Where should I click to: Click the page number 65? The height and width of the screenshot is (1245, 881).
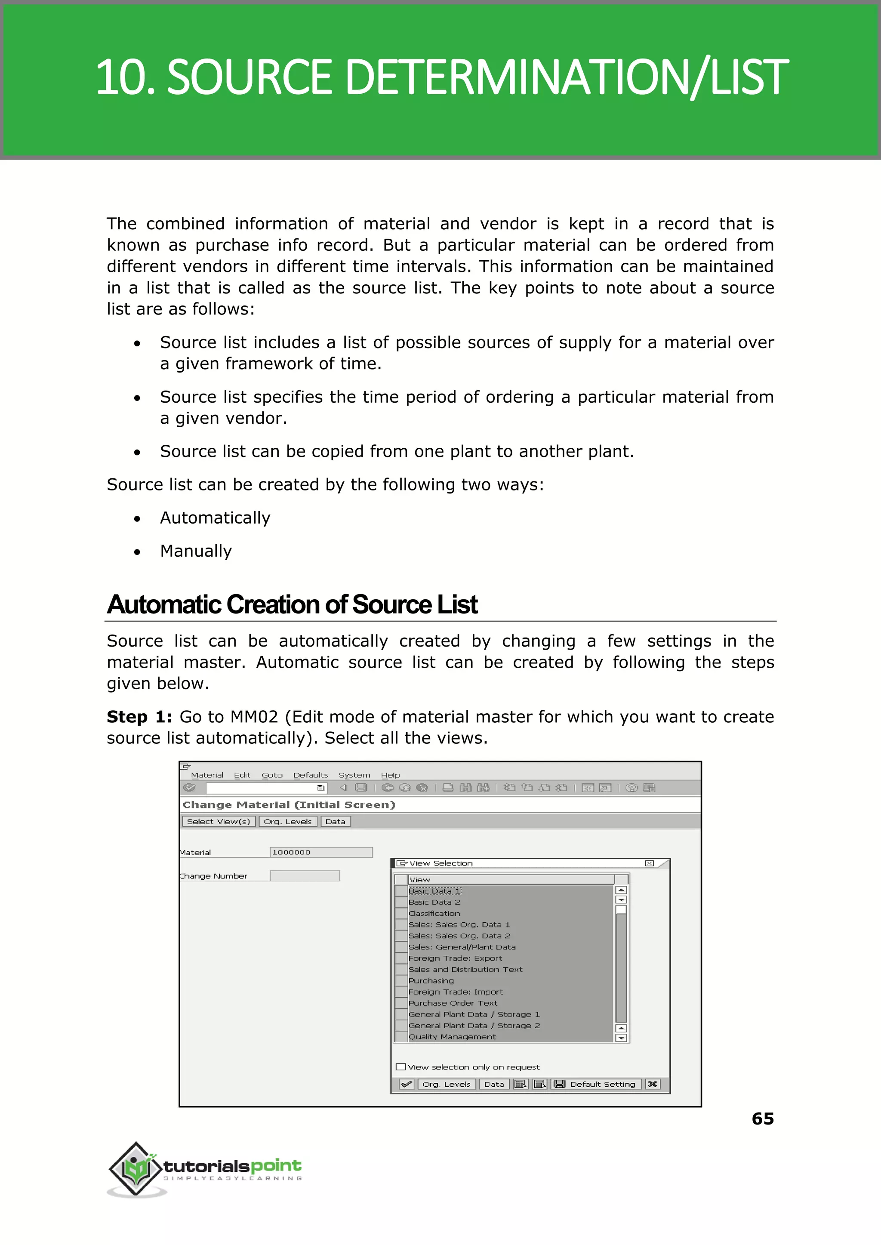point(762,1119)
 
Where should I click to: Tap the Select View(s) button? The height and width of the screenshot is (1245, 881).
point(218,821)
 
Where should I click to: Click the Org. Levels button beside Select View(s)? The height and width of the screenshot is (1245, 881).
point(287,821)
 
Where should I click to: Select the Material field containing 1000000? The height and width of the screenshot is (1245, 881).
point(320,852)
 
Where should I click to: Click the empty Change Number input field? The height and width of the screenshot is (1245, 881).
point(304,875)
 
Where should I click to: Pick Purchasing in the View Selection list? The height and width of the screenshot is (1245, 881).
point(431,981)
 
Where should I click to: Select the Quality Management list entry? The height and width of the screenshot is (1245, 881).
point(452,1037)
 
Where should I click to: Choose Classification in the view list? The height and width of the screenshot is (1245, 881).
point(434,914)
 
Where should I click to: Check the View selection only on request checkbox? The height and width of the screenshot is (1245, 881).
point(401,1066)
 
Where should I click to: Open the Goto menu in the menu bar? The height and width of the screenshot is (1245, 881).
point(272,775)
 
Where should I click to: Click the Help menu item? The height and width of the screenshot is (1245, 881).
point(390,775)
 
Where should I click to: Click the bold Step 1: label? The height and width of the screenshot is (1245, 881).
point(139,717)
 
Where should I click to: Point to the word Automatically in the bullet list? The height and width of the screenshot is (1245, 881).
point(215,518)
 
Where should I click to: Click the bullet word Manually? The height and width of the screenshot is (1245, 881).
point(196,551)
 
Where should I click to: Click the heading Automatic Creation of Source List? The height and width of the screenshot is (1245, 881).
point(292,604)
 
